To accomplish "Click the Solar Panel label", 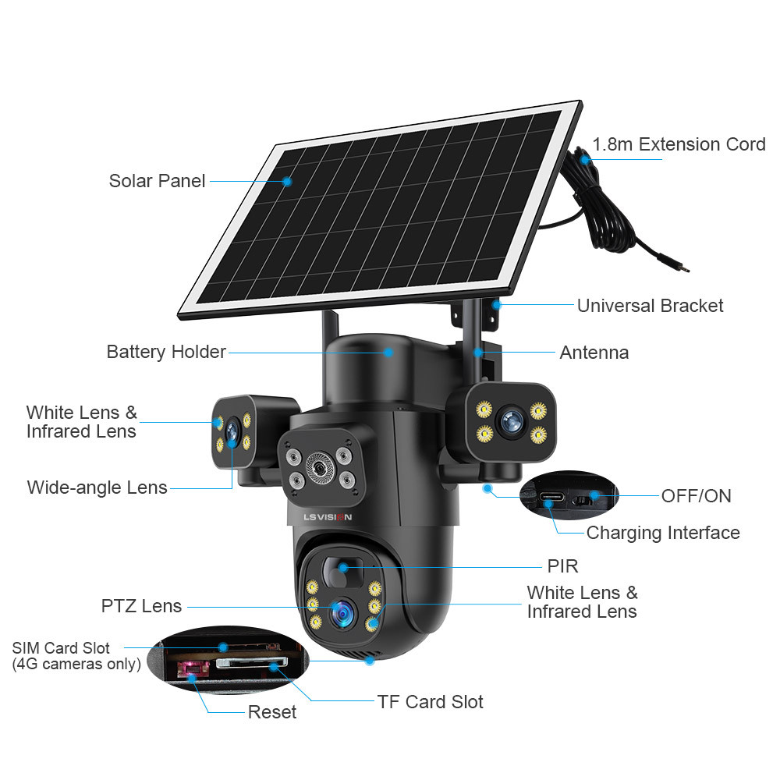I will (x=157, y=181).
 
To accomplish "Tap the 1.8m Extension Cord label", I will (x=679, y=144).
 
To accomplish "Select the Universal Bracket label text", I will (x=650, y=306).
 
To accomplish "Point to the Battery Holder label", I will (x=166, y=352).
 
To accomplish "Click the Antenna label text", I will (x=594, y=353).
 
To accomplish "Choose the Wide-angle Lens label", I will (x=97, y=487).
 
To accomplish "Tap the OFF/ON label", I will (x=696, y=495).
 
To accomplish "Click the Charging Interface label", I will (x=662, y=533).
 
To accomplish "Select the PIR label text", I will (x=562, y=565).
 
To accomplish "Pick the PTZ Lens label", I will (x=141, y=606).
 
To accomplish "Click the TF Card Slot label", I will (x=430, y=702).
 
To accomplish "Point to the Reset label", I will (x=271, y=711).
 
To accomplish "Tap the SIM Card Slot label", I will (x=61, y=648).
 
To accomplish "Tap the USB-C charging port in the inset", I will (x=548, y=495).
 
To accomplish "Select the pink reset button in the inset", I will (x=189, y=669).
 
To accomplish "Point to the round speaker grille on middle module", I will (x=318, y=467).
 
